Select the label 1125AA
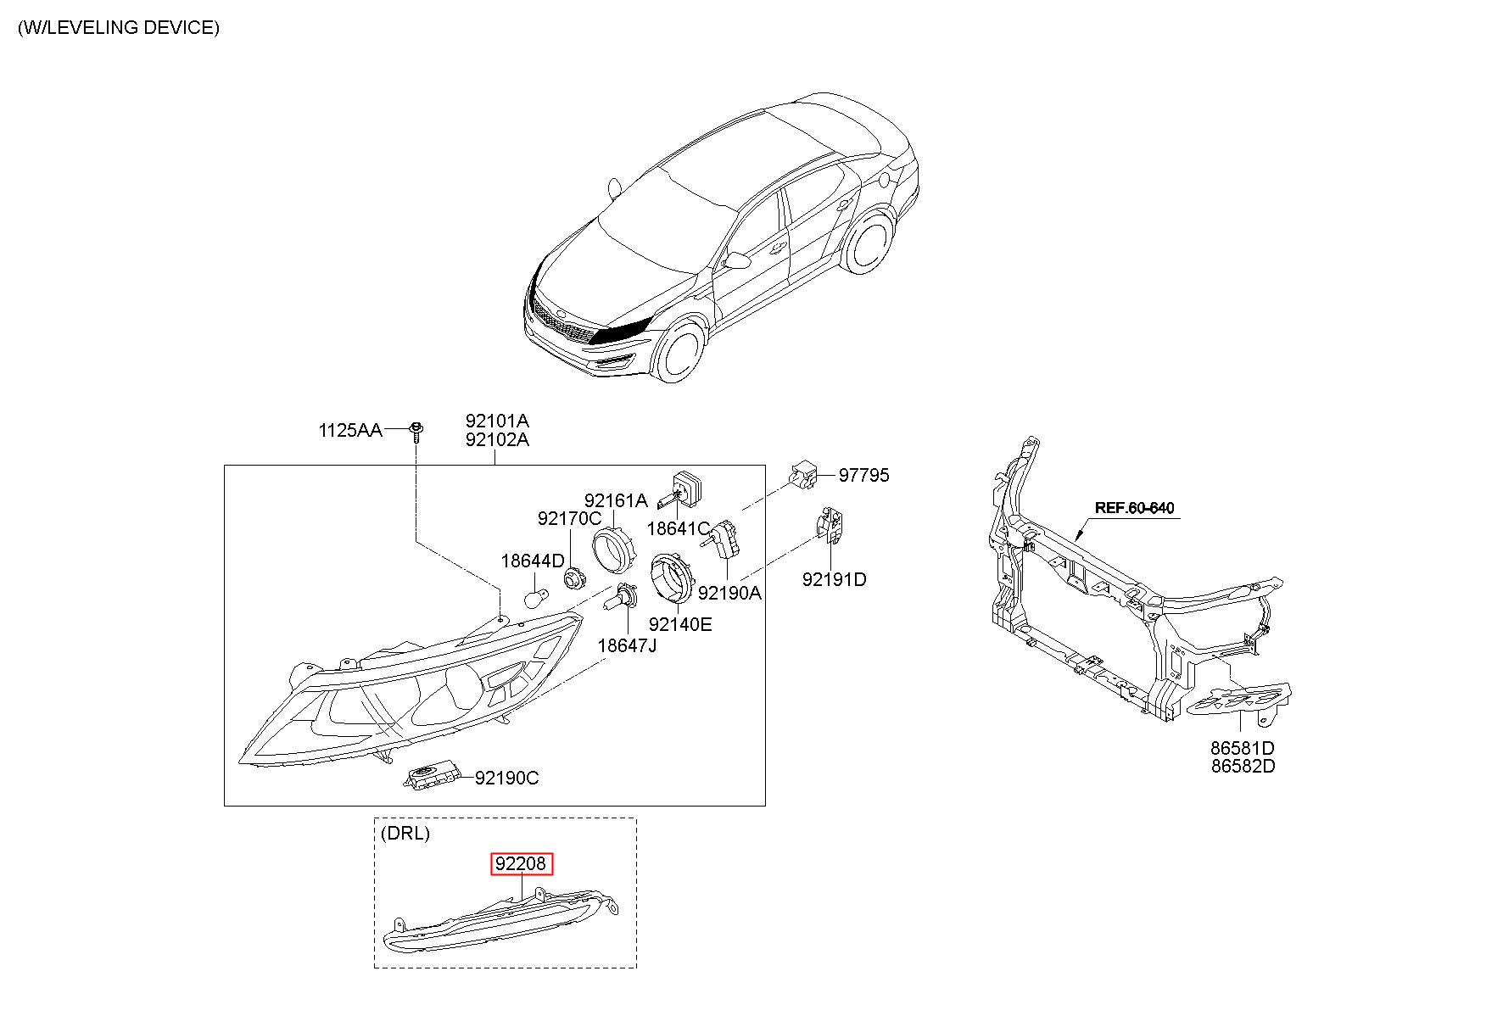(x=349, y=431)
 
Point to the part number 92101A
(x=496, y=421)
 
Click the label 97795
(x=863, y=476)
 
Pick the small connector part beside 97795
(x=803, y=474)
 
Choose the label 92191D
(x=834, y=580)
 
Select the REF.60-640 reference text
(x=1134, y=509)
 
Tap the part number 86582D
(x=1243, y=767)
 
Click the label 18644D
(x=532, y=561)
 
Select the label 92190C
(x=506, y=778)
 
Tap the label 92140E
(x=679, y=625)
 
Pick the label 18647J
(x=627, y=645)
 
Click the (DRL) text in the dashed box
(x=405, y=833)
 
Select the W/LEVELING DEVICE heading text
(x=119, y=27)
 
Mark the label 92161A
(x=615, y=501)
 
